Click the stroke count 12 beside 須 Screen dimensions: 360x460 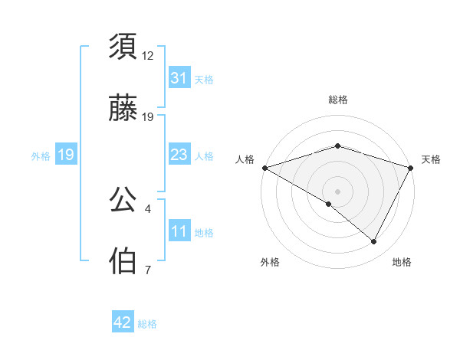(x=148, y=55)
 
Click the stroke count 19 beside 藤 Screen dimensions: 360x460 (x=148, y=117)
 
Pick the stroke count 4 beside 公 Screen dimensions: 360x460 (x=147, y=208)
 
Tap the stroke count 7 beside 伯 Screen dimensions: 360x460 (x=147, y=270)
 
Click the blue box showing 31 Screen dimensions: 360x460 (x=179, y=77)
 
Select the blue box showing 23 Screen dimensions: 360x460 (x=179, y=155)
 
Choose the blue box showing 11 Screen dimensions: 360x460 (x=179, y=231)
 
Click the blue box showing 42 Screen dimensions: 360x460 (x=123, y=322)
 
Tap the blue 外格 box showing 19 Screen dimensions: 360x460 (x=66, y=155)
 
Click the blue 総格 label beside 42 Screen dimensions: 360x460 (x=147, y=323)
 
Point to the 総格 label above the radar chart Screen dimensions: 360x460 (x=337, y=100)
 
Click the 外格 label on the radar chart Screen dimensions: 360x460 (x=270, y=262)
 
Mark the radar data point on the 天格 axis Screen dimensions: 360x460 (x=412, y=167)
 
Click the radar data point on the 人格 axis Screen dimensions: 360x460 (x=264, y=167)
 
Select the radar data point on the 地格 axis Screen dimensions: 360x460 (x=374, y=242)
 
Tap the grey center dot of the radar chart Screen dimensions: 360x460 (x=337, y=191)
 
